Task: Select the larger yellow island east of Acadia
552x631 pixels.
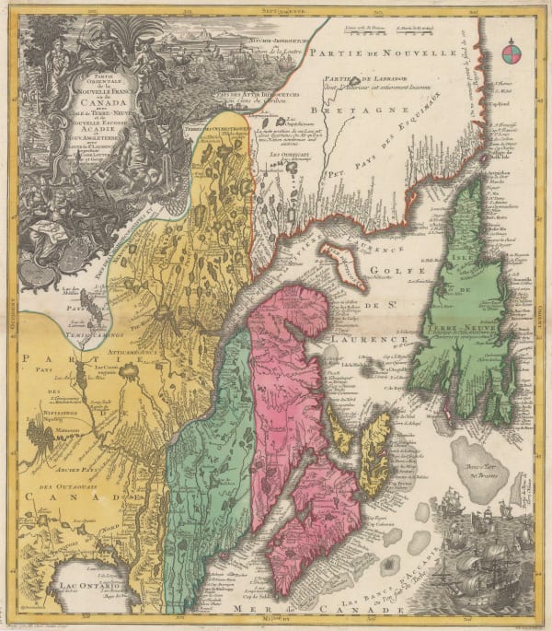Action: click(375, 451)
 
